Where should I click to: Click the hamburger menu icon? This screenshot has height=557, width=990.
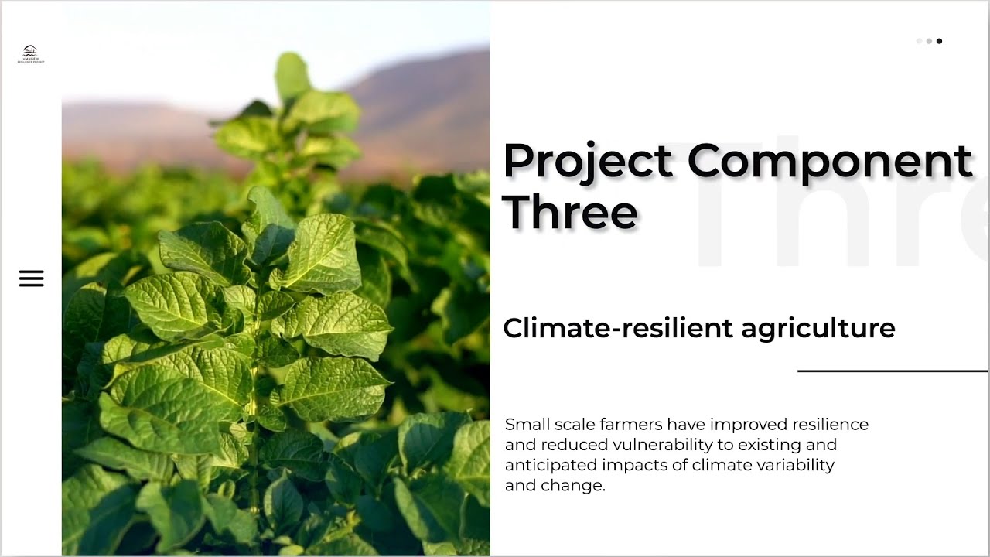coord(32,278)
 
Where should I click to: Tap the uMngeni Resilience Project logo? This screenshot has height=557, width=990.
coord(31,53)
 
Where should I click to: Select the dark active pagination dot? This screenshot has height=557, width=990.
coord(939,41)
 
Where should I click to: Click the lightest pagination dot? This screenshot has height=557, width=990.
coord(919,41)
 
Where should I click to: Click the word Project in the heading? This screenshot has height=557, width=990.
coord(588,162)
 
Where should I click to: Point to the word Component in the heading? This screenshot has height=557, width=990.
coord(829,162)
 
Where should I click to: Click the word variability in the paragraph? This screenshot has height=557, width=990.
coord(794,465)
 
